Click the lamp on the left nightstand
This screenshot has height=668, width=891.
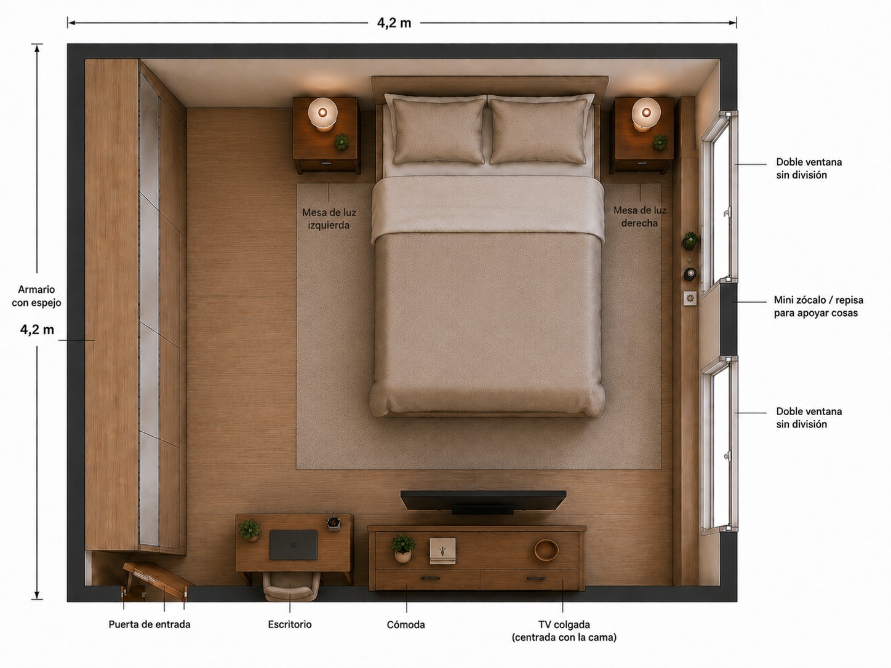tap(322, 114)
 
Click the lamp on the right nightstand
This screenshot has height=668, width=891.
tap(646, 114)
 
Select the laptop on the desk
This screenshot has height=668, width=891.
tap(294, 545)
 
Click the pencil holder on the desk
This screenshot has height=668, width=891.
tap(334, 523)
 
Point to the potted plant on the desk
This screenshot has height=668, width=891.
tap(250, 530)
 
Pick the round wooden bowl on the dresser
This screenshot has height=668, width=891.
tap(546, 550)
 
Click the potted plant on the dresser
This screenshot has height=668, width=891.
tap(402, 548)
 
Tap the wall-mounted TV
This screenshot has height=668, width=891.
tap(483, 501)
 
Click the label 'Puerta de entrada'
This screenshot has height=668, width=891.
tap(150, 624)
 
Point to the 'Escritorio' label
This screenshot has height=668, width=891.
tap(290, 624)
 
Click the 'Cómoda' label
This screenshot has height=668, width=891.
tap(406, 624)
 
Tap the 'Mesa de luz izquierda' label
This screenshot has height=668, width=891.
tap(329, 218)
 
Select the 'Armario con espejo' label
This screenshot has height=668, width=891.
tap(36, 296)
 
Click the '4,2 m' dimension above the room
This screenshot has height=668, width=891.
tap(394, 23)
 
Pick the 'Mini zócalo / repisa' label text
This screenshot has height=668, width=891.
tap(818, 300)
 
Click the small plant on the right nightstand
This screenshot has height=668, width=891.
tap(660, 142)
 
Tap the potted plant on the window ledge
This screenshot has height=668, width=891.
tap(690, 241)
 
